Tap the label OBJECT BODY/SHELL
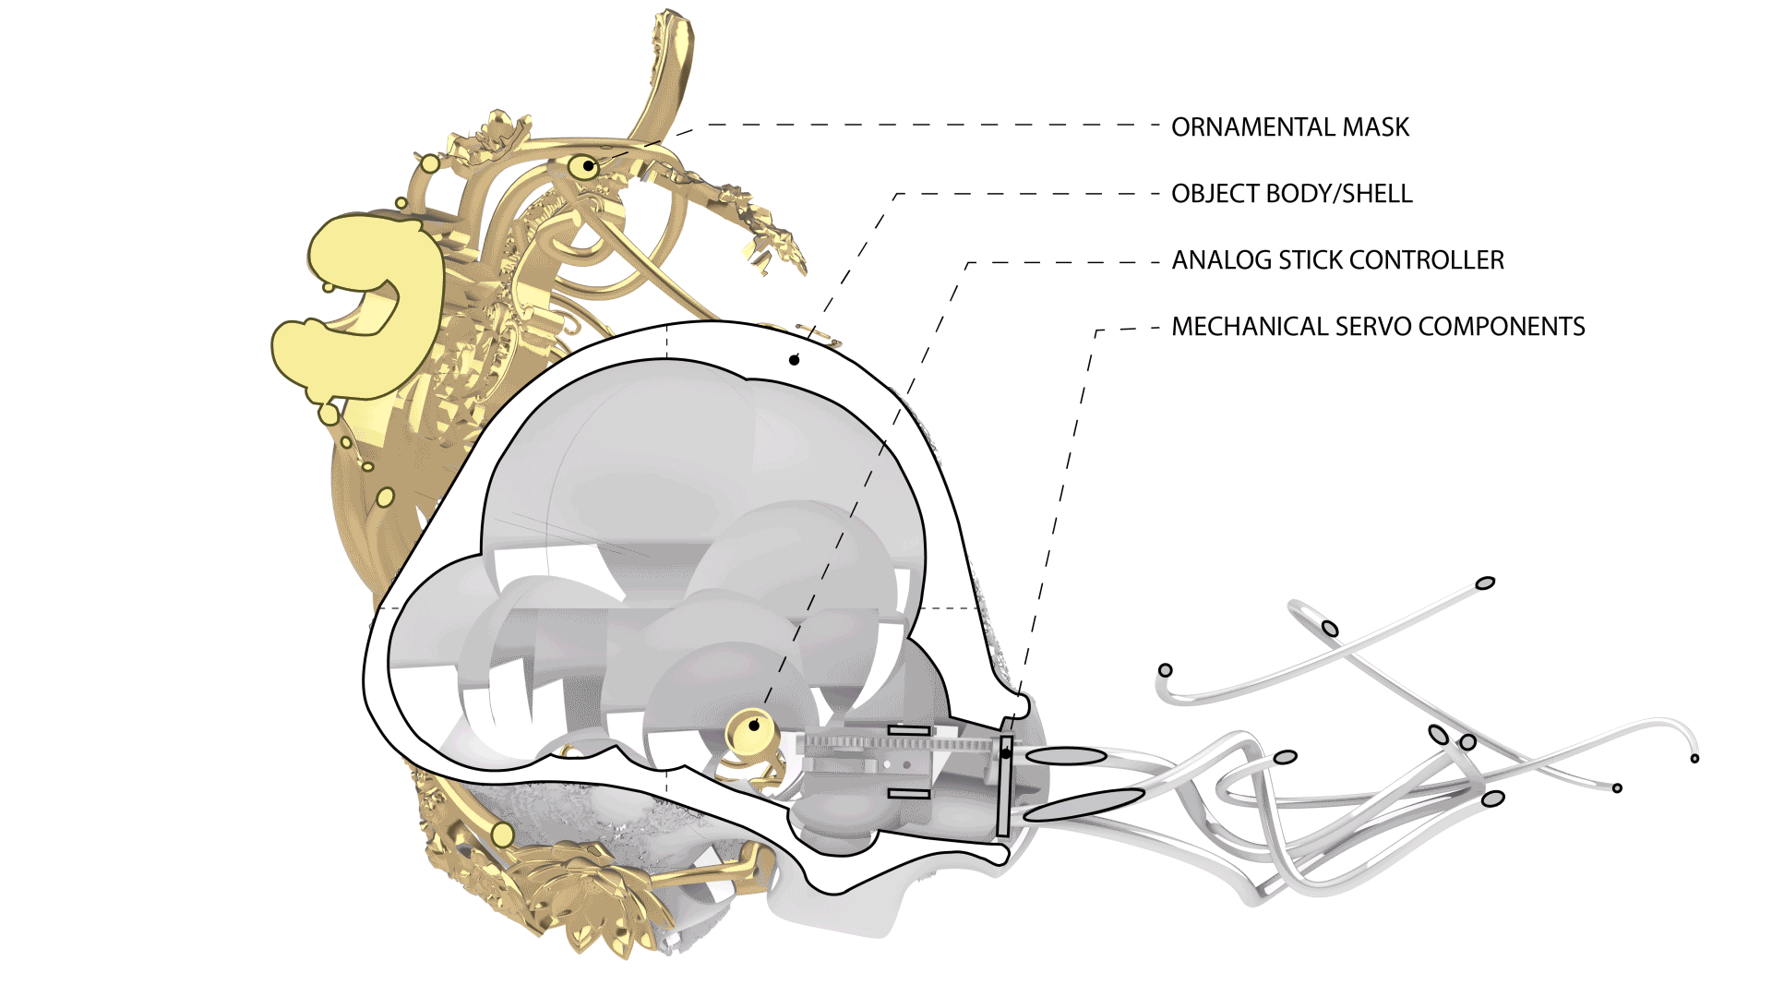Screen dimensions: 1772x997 click(1291, 194)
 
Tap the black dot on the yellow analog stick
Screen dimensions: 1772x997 click(754, 726)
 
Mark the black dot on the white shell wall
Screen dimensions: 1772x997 click(794, 360)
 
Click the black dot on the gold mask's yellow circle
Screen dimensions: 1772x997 click(587, 166)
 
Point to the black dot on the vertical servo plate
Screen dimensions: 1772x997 click(1006, 753)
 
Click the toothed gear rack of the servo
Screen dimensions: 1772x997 click(904, 743)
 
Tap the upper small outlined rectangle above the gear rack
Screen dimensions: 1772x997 click(908, 730)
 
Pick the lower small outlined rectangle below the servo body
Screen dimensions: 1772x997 click(908, 793)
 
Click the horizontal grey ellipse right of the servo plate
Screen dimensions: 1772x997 click(1066, 756)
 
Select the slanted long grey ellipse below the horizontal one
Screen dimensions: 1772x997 click(1084, 805)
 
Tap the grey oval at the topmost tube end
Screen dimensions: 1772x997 click(1485, 583)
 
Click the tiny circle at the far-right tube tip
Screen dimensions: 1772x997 click(1694, 759)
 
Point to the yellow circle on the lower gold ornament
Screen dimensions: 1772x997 click(502, 835)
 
